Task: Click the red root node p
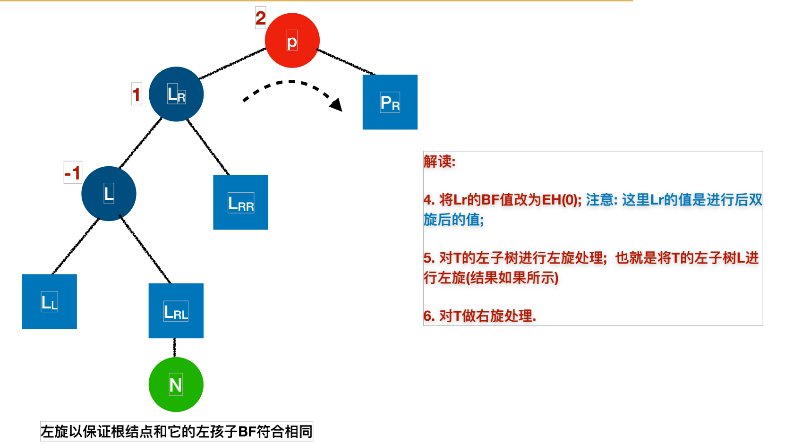click(x=292, y=41)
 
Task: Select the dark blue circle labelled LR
click(x=176, y=94)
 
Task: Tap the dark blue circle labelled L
click(x=109, y=194)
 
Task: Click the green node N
click(x=176, y=384)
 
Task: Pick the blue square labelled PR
click(x=390, y=102)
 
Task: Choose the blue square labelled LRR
click(x=240, y=202)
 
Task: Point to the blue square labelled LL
click(x=49, y=301)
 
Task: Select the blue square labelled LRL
click(x=176, y=311)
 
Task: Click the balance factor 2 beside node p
click(x=260, y=18)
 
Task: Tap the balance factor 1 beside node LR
click(x=136, y=94)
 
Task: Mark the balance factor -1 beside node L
click(x=73, y=173)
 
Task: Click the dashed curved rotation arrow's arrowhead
click(x=336, y=104)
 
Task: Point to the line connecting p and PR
click(x=345, y=61)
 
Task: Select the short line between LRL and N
click(x=175, y=348)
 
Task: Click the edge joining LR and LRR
click(x=208, y=147)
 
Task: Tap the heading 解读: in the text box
click(x=439, y=162)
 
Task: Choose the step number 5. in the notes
click(x=428, y=258)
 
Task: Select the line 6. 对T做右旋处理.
click(x=479, y=316)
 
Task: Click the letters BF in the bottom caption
click(x=247, y=432)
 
